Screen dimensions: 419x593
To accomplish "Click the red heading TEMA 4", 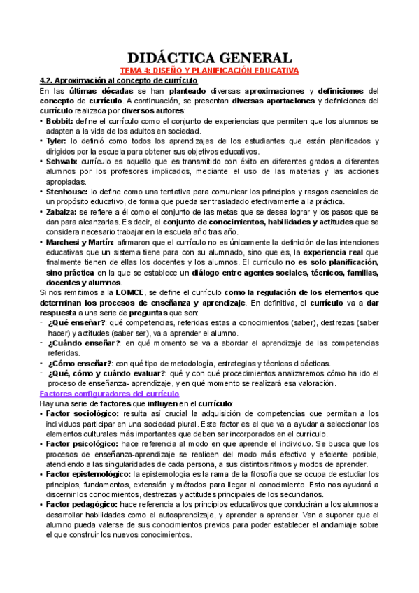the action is coord(209,71).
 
